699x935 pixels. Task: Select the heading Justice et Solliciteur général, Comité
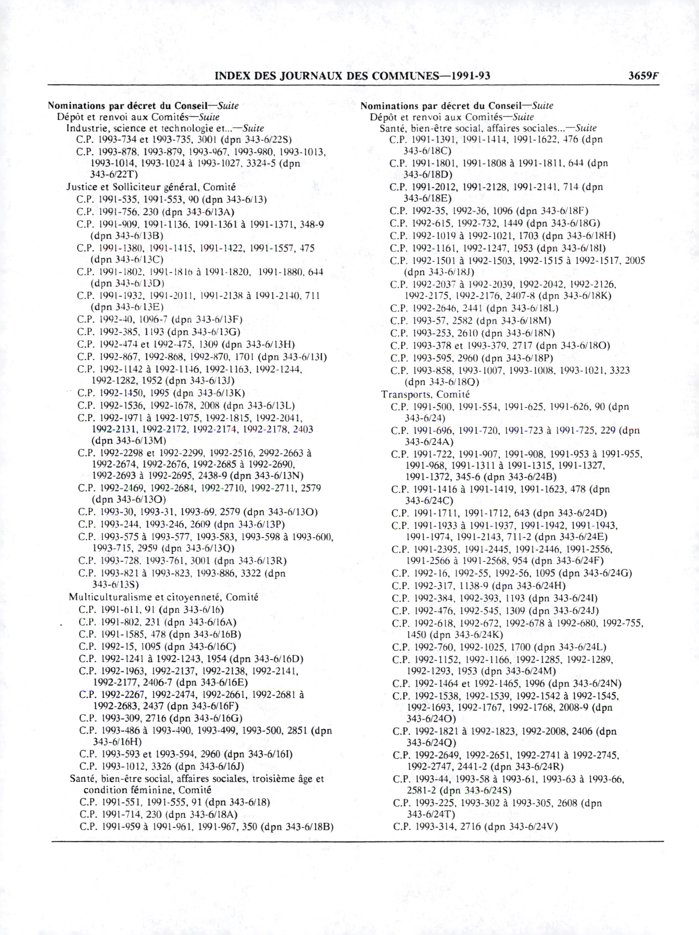tap(151, 187)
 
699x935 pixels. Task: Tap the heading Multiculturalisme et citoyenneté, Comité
tap(163, 597)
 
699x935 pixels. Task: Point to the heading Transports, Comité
tap(425, 394)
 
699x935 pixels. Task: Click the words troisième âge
tap(282, 779)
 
